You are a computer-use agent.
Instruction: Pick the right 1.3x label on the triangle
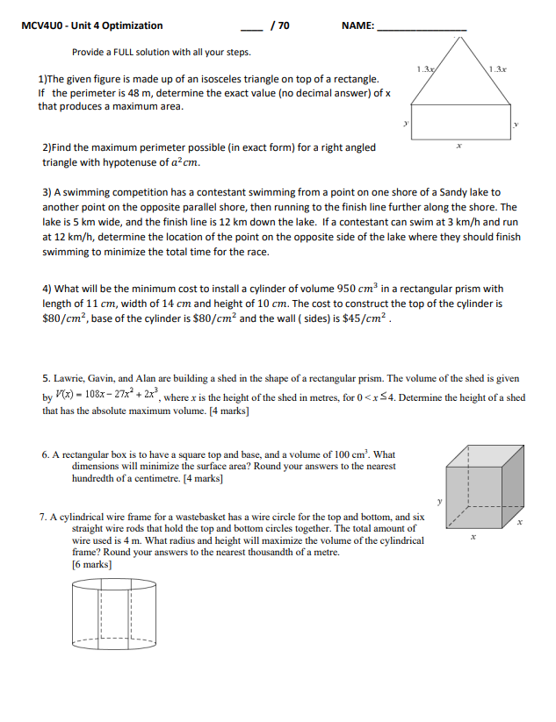pos(499,68)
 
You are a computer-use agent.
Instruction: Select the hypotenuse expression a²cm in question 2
pos(184,162)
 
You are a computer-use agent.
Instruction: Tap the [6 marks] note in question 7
pos(91,565)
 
